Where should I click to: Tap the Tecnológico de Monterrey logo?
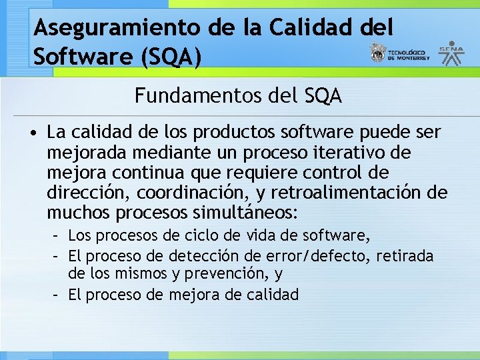coord(400,54)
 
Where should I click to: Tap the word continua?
coord(138,173)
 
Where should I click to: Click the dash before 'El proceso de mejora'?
coord(58,294)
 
